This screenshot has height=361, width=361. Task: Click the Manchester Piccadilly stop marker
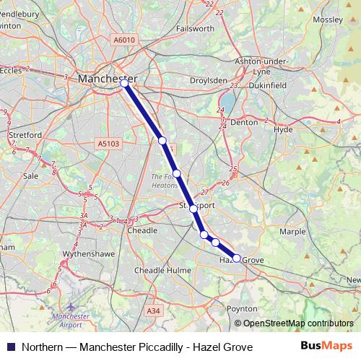pos(124,84)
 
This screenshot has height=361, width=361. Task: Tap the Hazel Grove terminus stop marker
pos(236,258)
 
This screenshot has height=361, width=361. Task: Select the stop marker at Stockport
pos(193,208)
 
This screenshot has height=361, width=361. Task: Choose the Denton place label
pos(243,123)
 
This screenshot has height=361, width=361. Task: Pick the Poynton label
pos(242,308)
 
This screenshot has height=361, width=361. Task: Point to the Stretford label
pos(25,135)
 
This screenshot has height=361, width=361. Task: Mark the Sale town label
pos(30,175)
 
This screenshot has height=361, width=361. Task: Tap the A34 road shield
pos(152,310)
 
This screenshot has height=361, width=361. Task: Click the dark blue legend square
pos(11,347)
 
